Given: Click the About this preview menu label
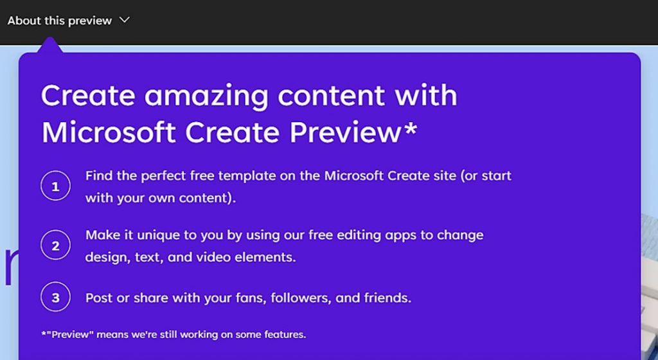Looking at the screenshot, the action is point(60,21).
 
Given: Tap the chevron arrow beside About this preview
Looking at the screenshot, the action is point(125,20).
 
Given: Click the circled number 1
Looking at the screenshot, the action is point(55,186).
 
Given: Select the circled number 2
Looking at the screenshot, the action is point(55,245).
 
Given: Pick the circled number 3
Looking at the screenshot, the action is point(55,297).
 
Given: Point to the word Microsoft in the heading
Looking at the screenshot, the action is point(109,132).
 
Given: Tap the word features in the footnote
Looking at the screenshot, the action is point(285,335).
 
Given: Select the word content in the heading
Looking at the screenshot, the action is point(331,96).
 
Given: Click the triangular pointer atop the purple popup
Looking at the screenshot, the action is point(50,45).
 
